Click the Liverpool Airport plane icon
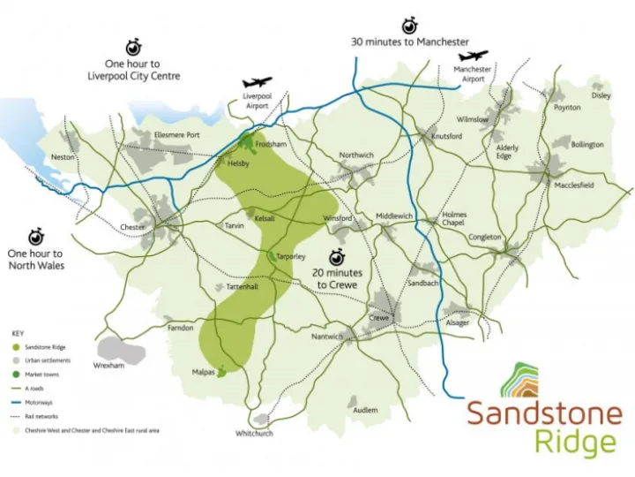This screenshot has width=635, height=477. tap(258, 82)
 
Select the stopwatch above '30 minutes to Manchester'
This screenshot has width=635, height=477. tap(409, 24)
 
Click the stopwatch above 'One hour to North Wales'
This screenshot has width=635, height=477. tap(35, 237)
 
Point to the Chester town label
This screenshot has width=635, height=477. tap(132, 227)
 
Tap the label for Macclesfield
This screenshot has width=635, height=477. tap(574, 185)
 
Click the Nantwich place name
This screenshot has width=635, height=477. tap(326, 337)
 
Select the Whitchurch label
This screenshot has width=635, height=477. tap(254, 434)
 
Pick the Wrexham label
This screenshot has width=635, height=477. tap(108, 365)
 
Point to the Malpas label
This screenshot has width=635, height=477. tap(204, 373)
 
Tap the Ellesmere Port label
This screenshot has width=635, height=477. tap(177, 134)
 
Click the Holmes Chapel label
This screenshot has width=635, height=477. tap(454, 219)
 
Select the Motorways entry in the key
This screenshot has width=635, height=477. tap(44, 402)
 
